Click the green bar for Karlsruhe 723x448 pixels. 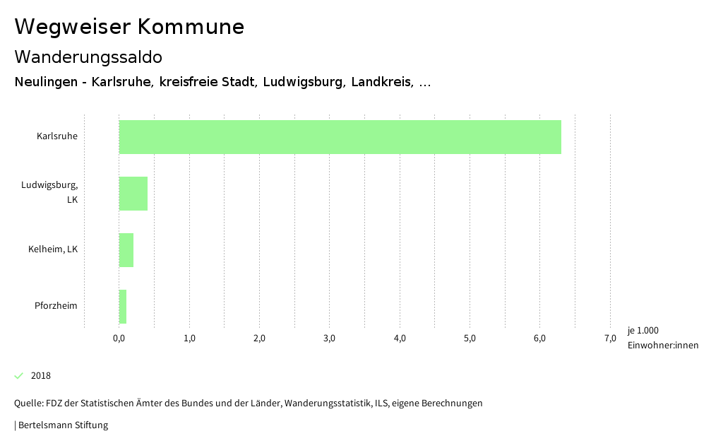point(340,137)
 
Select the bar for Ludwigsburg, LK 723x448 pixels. point(133,194)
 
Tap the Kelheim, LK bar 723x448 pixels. point(126,250)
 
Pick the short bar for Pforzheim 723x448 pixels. point(123,307)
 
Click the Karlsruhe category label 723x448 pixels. point(57,136)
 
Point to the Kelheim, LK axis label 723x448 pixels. point(53,249)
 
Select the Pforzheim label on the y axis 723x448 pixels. point(56,305)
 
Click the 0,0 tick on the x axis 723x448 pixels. point(119,338)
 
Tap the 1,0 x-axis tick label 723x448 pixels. point(189,338)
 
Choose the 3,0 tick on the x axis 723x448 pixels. point(330,338)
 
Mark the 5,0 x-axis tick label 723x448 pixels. point(470,338)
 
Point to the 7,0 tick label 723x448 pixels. point(610,338)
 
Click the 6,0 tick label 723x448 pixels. point(539,338)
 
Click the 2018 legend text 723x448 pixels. point(41,375)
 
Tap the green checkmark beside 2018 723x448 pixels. point(19,375)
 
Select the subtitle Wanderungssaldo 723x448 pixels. point(88,57)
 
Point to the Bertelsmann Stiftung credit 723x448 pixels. point(63,425)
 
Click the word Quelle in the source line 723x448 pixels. point(28,403)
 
